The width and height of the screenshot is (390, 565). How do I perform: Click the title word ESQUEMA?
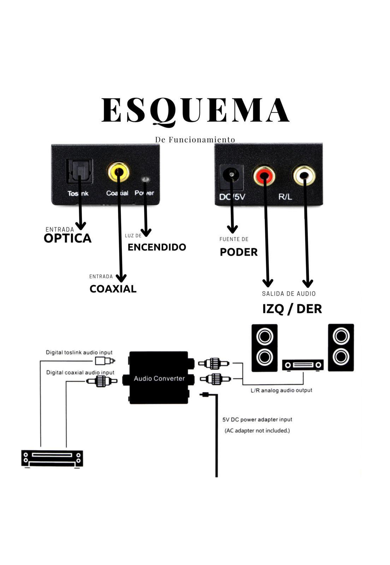(x=195, y=111)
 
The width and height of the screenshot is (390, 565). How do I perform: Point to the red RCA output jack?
(x=264, y=175)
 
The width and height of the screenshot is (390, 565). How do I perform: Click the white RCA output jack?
(x=304, y=175)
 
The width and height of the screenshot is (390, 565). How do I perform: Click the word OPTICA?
(x=67, y=238)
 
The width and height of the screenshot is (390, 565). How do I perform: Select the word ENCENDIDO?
(x=157, y=247)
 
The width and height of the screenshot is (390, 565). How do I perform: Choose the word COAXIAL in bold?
(x=113, y=289)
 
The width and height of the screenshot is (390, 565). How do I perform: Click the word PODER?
(x=239, y=252)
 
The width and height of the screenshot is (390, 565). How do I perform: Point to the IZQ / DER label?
(x=292, y=309)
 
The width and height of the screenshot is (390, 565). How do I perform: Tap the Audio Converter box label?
(x=159, y=379)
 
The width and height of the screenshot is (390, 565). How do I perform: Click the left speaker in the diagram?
(x=265, y=348)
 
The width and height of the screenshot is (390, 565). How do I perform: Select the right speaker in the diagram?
(x=341, y=347)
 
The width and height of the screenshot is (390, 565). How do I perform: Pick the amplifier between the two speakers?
(x=303, y=365)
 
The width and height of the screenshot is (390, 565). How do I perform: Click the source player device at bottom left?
(x=52, y=459)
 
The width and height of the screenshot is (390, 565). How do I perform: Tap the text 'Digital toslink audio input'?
(x=79, y=352)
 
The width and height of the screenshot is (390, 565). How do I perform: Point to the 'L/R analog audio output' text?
(x=282, y=390)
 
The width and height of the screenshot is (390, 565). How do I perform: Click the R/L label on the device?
(x=285, y=197)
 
